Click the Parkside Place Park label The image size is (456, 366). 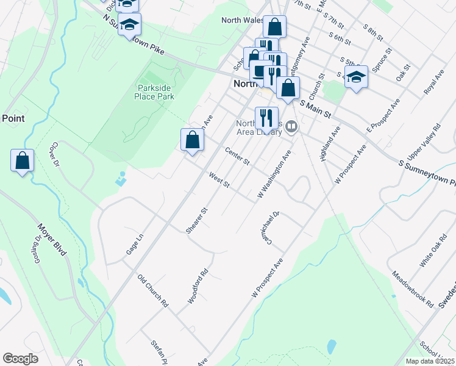point(155,91)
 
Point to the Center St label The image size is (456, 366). point(238,156)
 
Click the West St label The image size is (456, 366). point(218,181)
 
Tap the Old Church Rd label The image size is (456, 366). point(152,290)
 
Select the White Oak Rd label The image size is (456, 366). point(430,254)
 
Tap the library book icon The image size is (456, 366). point(291,127)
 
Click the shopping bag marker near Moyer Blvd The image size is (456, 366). point(22,160)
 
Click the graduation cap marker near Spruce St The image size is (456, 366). point(356,77)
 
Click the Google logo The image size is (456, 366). point(20,359)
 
